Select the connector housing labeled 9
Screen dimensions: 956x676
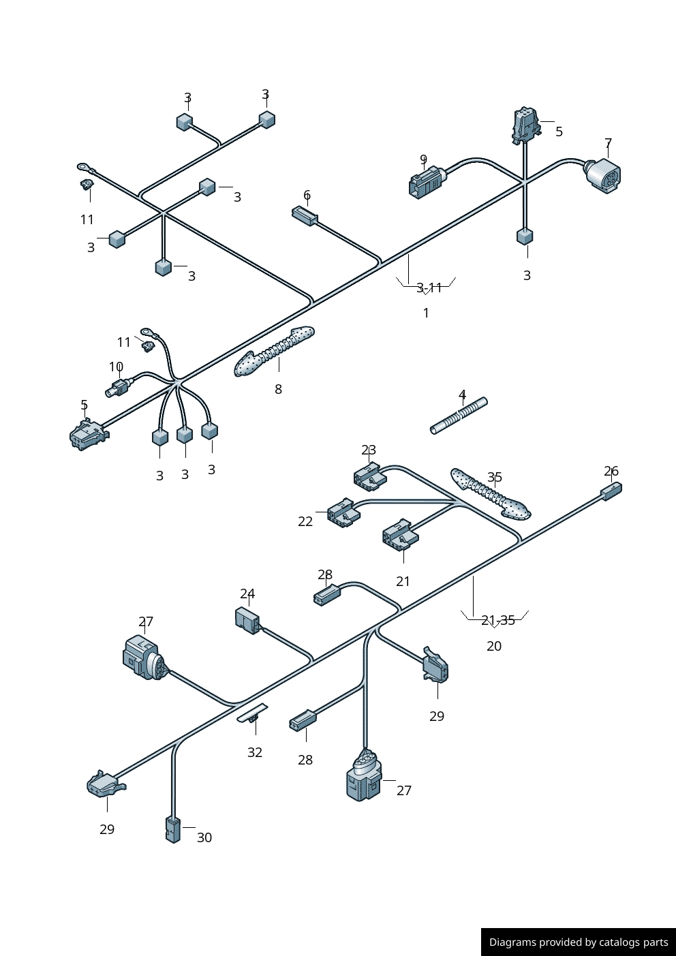coord(426,183)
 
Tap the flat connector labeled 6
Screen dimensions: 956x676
coord(305,216)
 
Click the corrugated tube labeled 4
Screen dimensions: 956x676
coord(459,416)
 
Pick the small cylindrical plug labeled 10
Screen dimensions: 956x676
coord(117,388)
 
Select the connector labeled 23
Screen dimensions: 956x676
coord(370,476)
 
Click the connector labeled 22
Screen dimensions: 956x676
coord(343,513)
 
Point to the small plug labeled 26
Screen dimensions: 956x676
coord(611,491)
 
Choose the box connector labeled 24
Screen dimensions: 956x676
coord(247,619)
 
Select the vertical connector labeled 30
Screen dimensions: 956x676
coord(173,829)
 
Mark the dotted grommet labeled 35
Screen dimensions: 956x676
coord(490,493)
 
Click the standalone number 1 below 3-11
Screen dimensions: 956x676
coord(426,313)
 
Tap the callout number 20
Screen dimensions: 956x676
coord(494,646)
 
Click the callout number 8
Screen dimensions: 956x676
coord(278,389)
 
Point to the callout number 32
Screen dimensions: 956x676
coord(255,752)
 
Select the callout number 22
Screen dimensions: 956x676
coord(305,521)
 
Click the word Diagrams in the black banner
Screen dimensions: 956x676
coord(512,942)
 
